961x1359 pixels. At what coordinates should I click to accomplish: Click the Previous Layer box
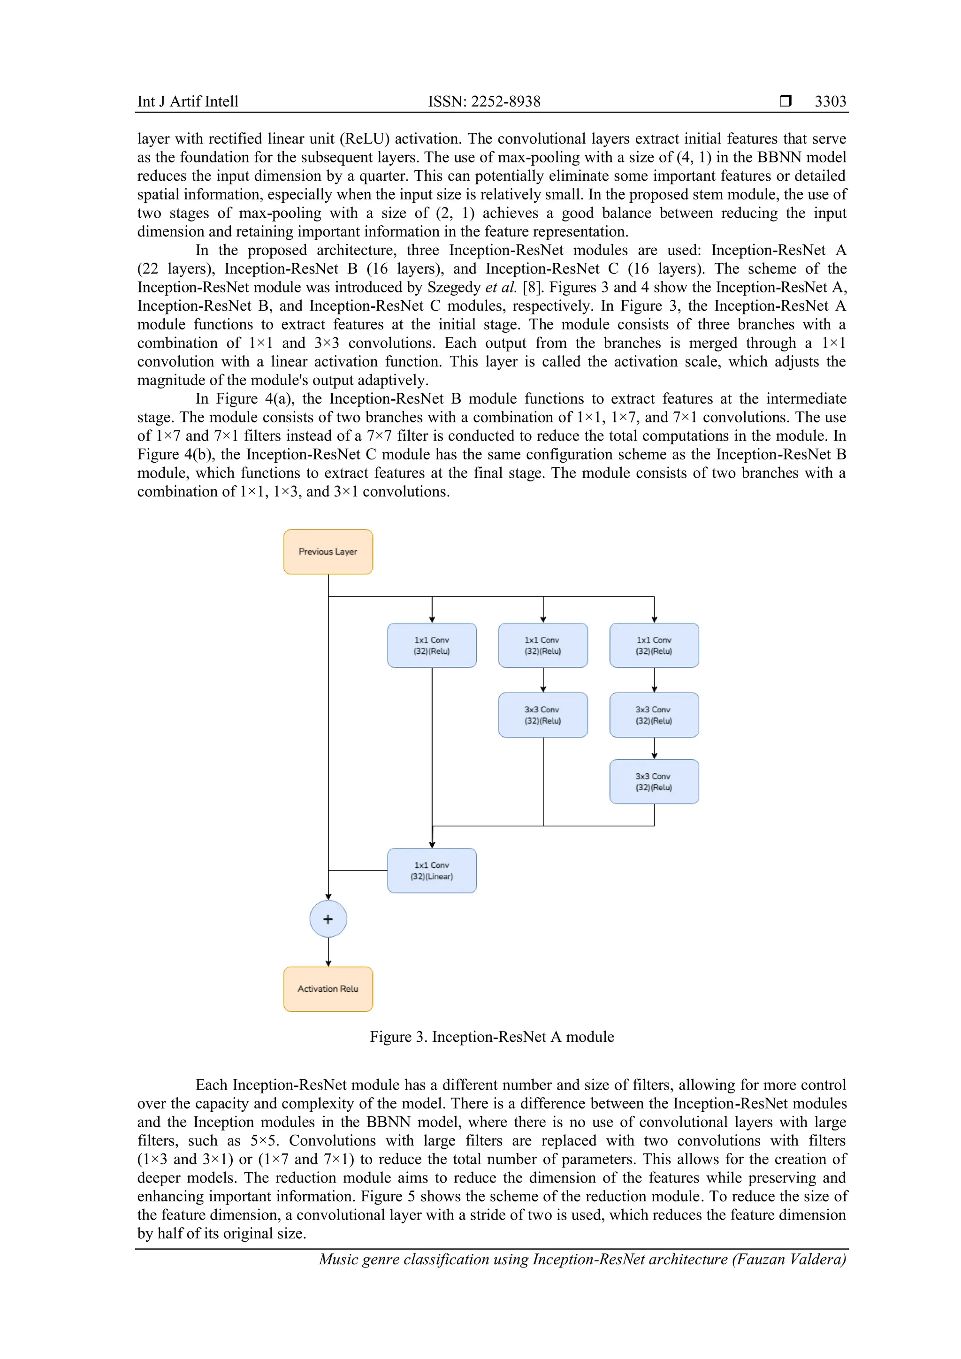[328, 552]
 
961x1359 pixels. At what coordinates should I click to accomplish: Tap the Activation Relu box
[328, 989]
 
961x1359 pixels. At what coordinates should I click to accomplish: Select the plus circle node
[328, 919]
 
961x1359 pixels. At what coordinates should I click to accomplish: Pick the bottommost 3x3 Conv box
[654, 782]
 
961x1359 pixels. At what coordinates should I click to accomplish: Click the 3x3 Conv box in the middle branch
[542, 715]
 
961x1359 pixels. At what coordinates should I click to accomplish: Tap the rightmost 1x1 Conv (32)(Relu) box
[654, 645]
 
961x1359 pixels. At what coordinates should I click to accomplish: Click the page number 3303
[830, 101]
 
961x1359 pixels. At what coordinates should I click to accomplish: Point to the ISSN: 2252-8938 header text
[484, 101]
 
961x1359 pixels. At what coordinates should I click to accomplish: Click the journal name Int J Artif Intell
[188, 101]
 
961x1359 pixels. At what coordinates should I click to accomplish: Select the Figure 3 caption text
[492, 1037]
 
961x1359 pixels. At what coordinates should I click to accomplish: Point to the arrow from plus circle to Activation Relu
[328, 952]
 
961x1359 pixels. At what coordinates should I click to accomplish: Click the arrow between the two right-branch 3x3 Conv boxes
[654, 748]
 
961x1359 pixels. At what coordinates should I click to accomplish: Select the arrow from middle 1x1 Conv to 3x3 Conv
[542, 680]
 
